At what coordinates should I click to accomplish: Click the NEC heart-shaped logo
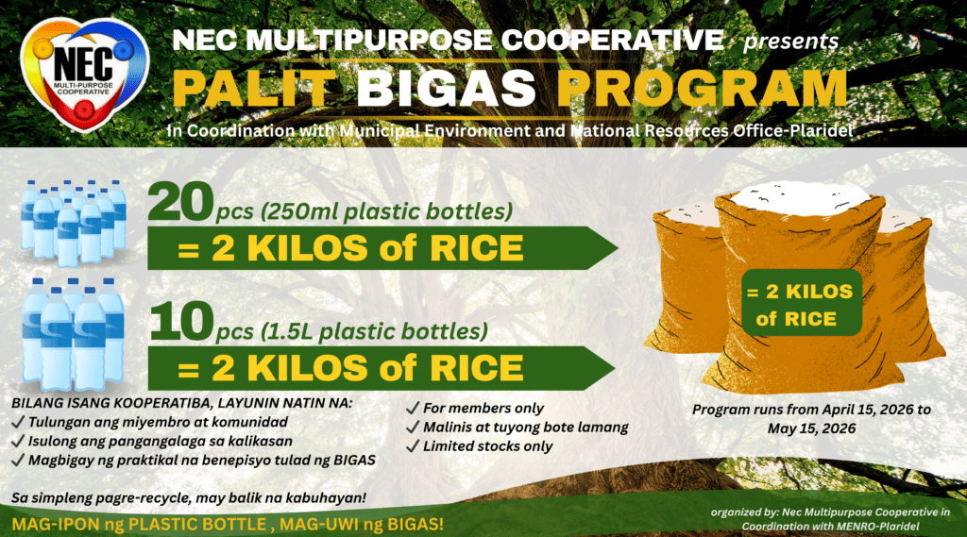click(x=84, y=75)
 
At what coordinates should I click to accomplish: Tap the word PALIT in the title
click(x=253, y=89)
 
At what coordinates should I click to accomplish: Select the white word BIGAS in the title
click(x=446, y=89)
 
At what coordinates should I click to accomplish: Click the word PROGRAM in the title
click(x=703, y=89)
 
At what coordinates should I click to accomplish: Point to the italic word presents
click(x=790, y=42)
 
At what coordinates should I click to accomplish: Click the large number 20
click(x=180, y=202)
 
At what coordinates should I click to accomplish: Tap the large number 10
click(x=181, y=321)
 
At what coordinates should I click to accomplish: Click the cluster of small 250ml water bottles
click(x=74, y=223)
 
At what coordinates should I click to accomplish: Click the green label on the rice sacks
click(x=801, y=303)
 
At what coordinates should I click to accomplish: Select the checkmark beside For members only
click(x=413, y=408)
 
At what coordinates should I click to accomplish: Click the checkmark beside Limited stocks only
click(x=413, y=446)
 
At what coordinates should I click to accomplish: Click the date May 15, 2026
click(x=811, y=428)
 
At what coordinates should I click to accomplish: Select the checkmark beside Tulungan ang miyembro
click(x=18, y=422)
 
